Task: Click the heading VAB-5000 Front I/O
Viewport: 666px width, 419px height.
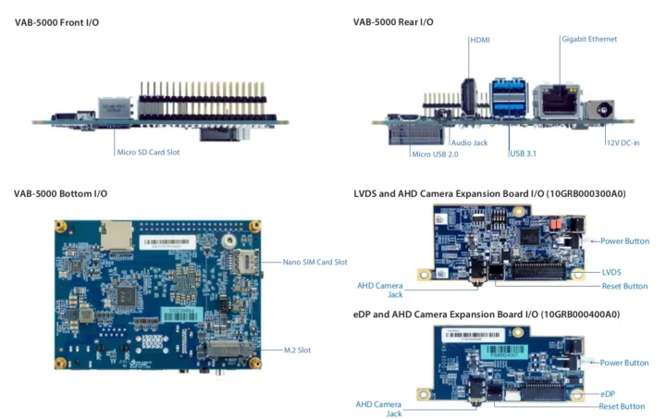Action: (57, 21)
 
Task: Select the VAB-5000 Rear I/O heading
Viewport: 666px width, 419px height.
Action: (393, 21)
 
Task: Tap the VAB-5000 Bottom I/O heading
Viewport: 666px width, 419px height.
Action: (61, 193)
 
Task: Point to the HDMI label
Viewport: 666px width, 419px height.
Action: (481, 39)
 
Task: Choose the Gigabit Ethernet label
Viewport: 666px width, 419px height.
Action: (589, 39)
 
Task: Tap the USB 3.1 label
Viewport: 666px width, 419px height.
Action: (524, 154)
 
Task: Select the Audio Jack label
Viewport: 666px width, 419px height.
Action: (469, 142)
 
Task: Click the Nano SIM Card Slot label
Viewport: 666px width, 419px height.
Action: (314, 262)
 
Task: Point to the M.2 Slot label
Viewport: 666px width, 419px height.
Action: (299, 350)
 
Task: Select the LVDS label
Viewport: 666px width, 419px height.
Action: (611, 272)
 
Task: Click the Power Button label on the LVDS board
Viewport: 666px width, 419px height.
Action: (624, 240)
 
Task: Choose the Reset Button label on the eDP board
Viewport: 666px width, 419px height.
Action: (622, 406)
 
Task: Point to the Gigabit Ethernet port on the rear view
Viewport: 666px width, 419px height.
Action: (560, 98)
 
